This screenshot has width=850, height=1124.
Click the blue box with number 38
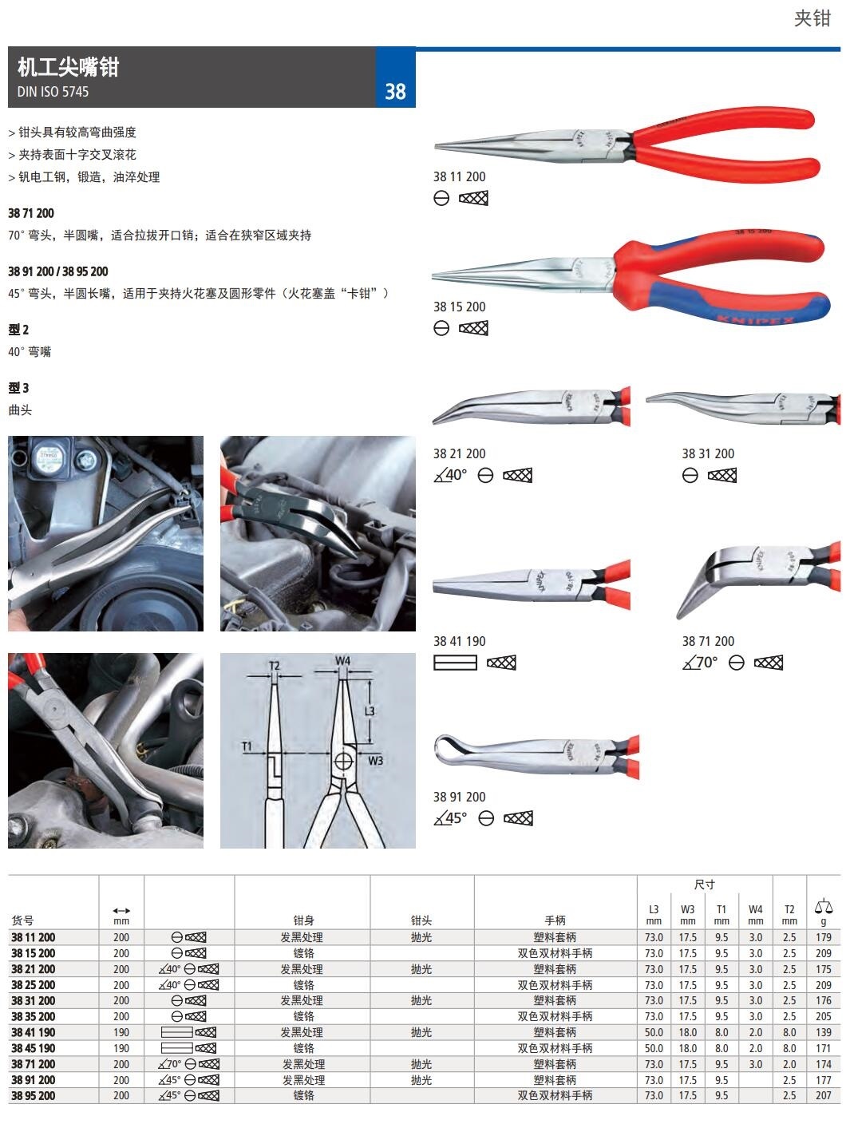395,77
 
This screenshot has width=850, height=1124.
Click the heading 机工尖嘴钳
68,67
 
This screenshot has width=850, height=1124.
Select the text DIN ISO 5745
53,92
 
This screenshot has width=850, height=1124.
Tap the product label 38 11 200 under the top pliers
459,176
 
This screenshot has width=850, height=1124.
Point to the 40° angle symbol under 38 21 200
450,475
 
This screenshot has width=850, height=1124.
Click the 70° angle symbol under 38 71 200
699,662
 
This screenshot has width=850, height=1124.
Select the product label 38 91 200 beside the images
459,797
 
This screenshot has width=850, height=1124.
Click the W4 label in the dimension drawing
342,660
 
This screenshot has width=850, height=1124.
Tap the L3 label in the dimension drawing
370,710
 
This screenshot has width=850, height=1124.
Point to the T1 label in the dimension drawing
247,746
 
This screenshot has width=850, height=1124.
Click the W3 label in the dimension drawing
375,761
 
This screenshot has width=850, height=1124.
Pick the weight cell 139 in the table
824,1032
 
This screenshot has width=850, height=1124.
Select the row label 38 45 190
33,1048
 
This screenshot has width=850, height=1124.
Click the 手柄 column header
555,920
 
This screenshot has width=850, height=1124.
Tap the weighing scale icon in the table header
824,906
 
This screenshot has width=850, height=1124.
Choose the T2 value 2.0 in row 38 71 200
789,1064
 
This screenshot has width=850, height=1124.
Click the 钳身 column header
303,920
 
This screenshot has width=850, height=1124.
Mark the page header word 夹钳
812,18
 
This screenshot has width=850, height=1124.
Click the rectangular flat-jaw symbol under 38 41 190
455,663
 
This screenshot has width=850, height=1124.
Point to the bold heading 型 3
18,388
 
